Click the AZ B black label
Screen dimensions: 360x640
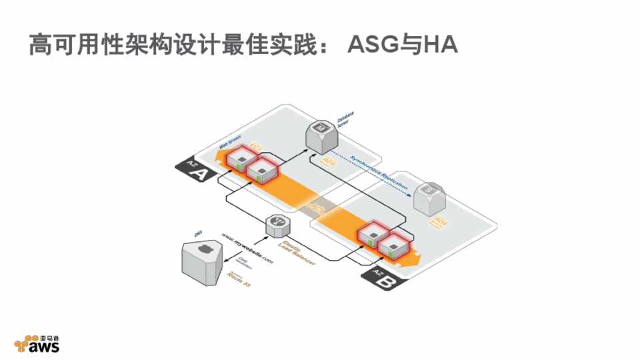(382, 279)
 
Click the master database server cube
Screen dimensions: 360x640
(322, 135)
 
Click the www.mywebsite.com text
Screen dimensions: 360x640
(247, 248)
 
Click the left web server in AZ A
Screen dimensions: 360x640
(237, 160)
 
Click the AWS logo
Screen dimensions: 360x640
(39, 343)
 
